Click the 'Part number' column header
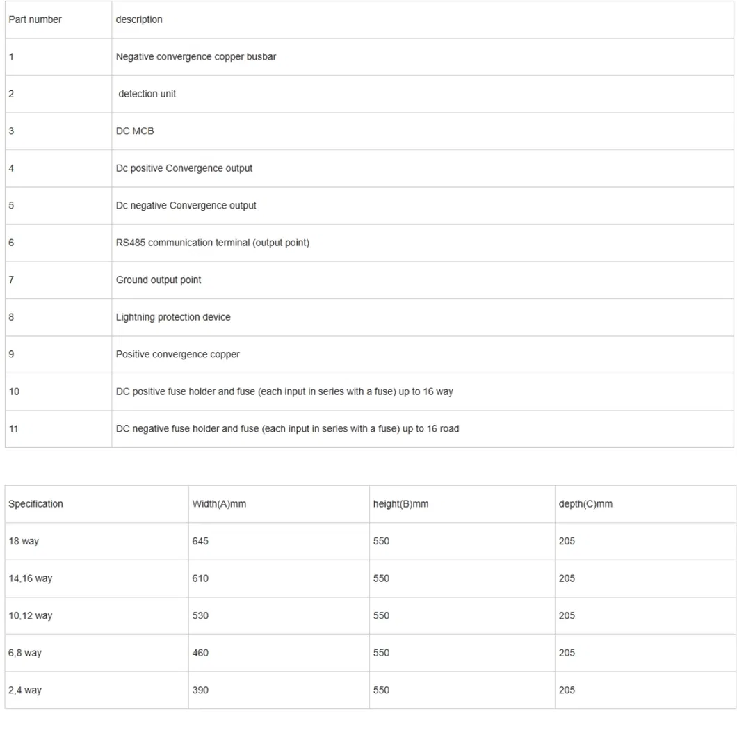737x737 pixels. pyautogui.click(x=35, y=19)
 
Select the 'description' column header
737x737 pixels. pyautogui.click(x=139, y=19)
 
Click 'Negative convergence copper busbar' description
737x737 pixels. pyautogui.click(x=195, y=57)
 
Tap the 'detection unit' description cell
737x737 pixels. pyautogui.click(x=147, y=94)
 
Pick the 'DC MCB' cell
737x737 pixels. pyautogui.click(x=135, y=131)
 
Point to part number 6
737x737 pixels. pyautogui.click(x=11, y=243)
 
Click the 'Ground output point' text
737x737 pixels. pyautogui.click(x=159, y=280)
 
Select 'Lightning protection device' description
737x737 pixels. pyautogui.click(x=173, y=317)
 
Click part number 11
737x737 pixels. pyautogui.click(x=14, y=429)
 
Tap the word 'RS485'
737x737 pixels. pyautogui.click(x=130, y=243)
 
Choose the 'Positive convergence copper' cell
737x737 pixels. pyautogui.click(x=177, y=355)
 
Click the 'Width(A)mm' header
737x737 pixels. pyautogui.click(x=219, y=504)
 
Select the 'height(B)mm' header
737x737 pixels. pyautogui.click(x=400, y=504)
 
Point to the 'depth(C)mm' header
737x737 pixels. pyautogui.click(x=585, y=504)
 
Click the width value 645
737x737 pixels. pyautogui.click(x=200, y=541)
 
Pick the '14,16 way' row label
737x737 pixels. pyautogui.click(x=30, y=578)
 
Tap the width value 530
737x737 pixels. pyautogui.click(x=200, y=616)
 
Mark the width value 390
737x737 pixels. pyautogui.click(x=200, y=690)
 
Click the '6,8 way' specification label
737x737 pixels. pyautogui.click(x=25, y=653)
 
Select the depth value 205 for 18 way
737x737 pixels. pyautogui.click(x=567, y=541)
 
